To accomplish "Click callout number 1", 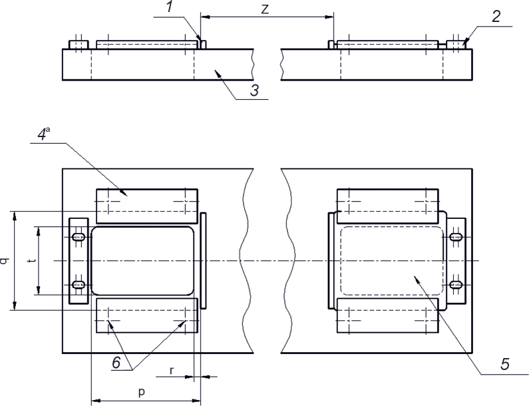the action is coord(170,7).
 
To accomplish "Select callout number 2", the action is coord(496,16).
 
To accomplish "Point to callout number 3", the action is coord(255,90).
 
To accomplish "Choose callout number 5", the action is coord(504,364).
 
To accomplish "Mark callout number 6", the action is coord(116,363).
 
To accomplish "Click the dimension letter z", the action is coord(265,9).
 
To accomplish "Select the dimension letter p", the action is coord(142,392).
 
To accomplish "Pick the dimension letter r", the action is coord(172,371).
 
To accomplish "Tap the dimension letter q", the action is coord(5,261).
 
